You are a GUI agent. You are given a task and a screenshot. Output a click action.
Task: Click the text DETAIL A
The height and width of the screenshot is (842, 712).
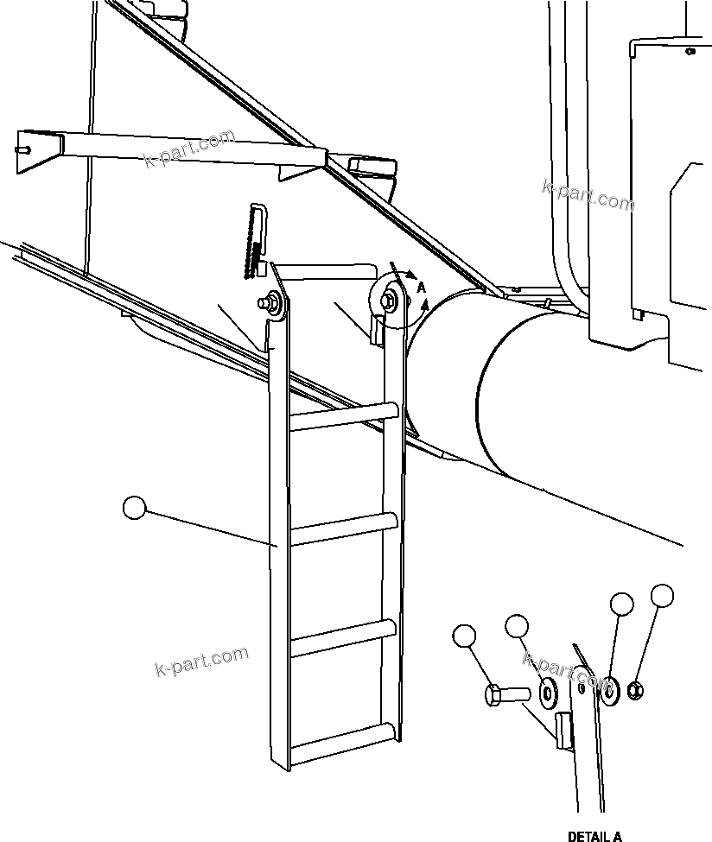pos(594,836)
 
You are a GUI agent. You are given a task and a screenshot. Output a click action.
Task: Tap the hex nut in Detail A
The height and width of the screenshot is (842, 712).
pos(633,690)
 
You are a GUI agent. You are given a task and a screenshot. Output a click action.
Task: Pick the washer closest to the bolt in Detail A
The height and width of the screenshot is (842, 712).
pos(548,692)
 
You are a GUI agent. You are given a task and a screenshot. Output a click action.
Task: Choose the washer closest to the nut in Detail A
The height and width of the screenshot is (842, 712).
pos(611,690)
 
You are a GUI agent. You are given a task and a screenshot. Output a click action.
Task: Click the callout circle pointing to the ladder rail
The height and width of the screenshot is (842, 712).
pos(135,508)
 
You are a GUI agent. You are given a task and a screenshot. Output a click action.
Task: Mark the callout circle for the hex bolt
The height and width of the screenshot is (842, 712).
pos(464,636)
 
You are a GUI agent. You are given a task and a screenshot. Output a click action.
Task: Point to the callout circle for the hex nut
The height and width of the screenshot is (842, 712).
pos(662,595)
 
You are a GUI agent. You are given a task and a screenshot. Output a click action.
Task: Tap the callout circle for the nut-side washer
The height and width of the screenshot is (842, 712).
pos(621,604)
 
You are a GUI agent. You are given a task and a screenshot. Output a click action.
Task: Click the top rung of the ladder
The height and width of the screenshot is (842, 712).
pos(344,416)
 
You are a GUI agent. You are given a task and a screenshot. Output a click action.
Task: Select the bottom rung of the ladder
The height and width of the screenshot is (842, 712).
pos(344,741)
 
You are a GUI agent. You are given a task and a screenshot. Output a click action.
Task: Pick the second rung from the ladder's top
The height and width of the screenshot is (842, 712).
pos(344,526)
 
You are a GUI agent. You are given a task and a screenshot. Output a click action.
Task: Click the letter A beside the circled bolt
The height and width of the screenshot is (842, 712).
pos(421,287)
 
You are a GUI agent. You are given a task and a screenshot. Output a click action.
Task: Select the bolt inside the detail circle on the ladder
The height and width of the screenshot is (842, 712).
pos(390,299)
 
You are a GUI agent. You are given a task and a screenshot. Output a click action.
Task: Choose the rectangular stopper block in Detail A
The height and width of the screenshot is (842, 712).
pos(563,730)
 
